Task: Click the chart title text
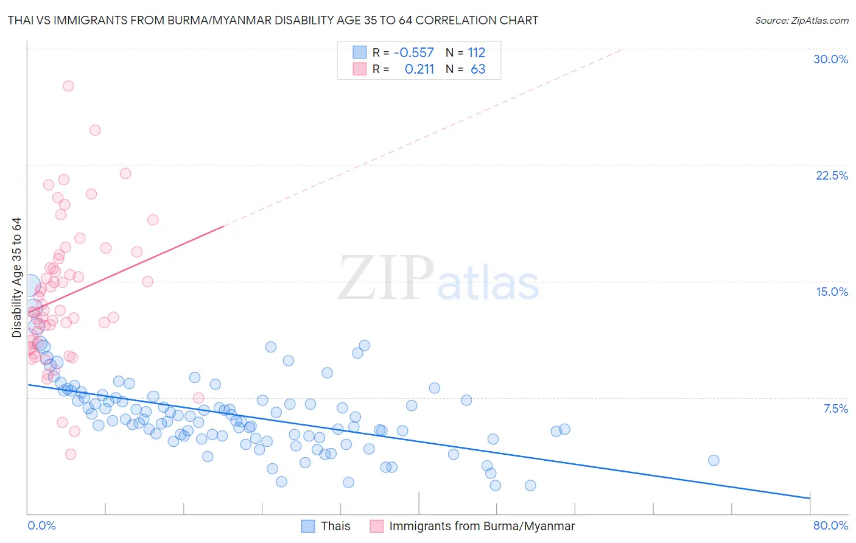[273, 20]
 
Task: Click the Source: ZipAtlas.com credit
[801, 20]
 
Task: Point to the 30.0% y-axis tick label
[830, 59]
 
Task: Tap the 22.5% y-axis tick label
[832, 175]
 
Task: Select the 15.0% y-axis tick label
[832, 292]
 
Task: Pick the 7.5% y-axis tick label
[835, 408]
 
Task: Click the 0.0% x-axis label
[41, 525]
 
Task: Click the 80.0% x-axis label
[830, 525]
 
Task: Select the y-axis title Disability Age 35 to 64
[16, 278]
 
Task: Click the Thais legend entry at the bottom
[335, 526]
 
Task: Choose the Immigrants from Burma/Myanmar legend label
[482, 526]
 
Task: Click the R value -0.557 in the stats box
[414, 52]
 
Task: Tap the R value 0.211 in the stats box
[419, 69]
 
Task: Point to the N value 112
[476, 52]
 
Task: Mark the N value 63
[478, 69]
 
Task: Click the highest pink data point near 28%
[68, 86]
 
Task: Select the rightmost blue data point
[714, 460]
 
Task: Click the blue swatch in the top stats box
[360, 52]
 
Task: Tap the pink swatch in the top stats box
[360, 69]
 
